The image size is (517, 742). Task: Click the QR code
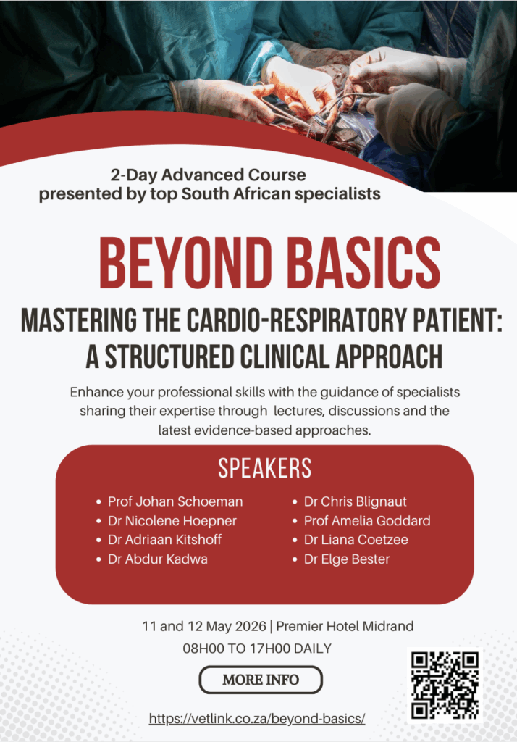(x=445, y=685)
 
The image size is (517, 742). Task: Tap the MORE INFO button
(x=261, y=680)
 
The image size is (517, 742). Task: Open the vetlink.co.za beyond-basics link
(x=257, y=718)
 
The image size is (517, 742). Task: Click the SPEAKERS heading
(x=265, y=468)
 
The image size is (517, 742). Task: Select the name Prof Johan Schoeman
(x=175, y=501)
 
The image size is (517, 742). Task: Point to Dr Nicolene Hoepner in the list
(x=172, y=521)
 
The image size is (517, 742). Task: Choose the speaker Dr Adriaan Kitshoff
(x=164, y=540)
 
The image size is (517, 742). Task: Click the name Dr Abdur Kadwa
(x=158, y=559)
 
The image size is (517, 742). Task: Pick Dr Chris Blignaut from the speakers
(x=356, y=501)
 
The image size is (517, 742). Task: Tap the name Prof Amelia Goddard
(x=367, y=521)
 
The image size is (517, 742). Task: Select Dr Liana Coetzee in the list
(x=356, y=540)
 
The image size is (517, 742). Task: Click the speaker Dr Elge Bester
(x=347, y=559)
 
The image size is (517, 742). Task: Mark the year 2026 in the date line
(x=251, y=626)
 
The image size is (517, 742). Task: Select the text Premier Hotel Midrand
(x=345, y=626)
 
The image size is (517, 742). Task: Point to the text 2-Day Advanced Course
(x=208, y=175)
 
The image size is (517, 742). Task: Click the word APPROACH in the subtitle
(x=390, y=357)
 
